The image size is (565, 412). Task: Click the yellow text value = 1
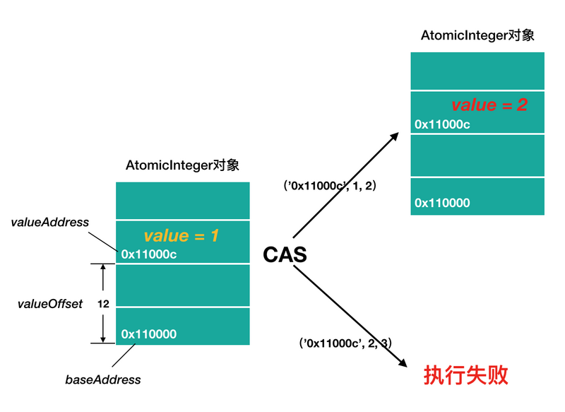coord(182,236)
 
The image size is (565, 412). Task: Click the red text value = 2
coord(489,105)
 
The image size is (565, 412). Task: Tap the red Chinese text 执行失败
coord(465,375)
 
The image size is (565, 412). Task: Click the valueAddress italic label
coord(50,222)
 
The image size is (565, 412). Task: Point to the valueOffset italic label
coord(50,304)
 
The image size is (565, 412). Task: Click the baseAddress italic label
coord(103,379)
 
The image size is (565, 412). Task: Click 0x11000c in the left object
coord(149,254)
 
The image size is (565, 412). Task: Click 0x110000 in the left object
coord(149,334)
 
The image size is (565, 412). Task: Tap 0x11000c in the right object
coord(442,124)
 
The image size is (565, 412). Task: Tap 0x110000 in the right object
coord(442,203)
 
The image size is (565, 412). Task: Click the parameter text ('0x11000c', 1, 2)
coord(330,186)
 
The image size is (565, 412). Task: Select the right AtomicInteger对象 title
coord(477,35)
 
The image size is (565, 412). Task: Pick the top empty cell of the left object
coord(182,200)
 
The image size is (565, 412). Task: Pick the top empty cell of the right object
coord(477,71)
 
